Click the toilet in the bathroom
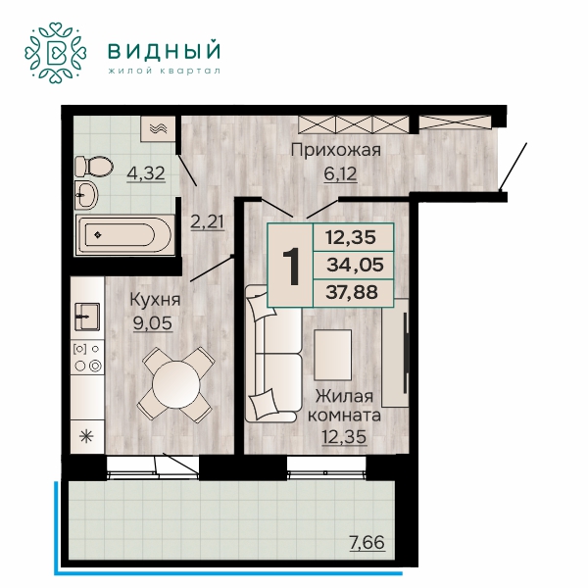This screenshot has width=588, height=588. coord(94,166)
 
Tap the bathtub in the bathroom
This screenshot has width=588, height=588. coord(125,235)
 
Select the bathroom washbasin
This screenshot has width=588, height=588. coord(86,195)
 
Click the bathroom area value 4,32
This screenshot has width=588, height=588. coord(146,173)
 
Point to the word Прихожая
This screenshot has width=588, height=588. coord(336,150)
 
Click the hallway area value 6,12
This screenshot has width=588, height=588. coord(340,174)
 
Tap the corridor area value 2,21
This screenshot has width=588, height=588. coord(208,222)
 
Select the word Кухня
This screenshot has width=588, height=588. coord(155,300)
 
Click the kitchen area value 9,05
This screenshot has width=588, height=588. coord(153,323)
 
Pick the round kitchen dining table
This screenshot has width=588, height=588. coord(176,385)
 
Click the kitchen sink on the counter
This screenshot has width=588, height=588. coord(87,317)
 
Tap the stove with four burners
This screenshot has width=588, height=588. coord(87,358)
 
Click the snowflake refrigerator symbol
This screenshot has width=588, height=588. coord(87,437)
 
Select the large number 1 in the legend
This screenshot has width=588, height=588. coord(291,267)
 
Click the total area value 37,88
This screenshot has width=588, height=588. coord(352,292)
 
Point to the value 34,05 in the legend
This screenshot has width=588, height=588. coord(355,266)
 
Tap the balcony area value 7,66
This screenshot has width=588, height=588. coord(367,542)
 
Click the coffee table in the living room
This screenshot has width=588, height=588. coord(333,355)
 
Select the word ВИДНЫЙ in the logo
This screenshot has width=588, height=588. coord(164,51)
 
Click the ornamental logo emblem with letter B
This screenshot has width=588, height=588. coord(56,52)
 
